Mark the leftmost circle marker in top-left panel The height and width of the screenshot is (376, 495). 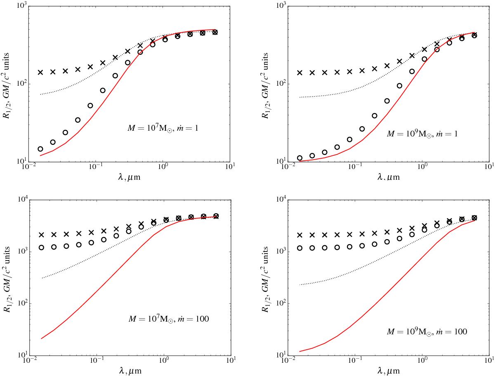click(40, 149)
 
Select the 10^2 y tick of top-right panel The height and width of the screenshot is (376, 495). click(280, 84)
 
